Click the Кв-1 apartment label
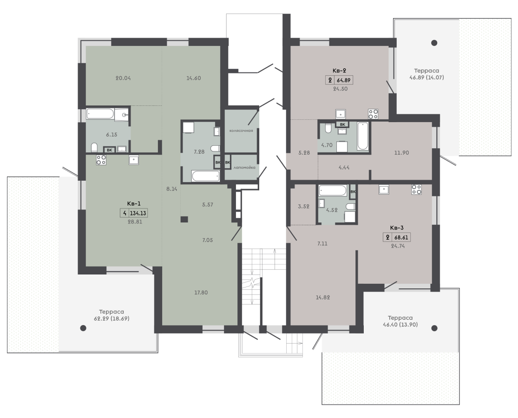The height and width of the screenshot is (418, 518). click(x=134, y=204)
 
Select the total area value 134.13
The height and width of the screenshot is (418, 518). click(x=138, y=213)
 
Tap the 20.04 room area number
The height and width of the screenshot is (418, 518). click(x=123, y=78)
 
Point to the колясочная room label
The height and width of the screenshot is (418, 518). click(x=241, y=131)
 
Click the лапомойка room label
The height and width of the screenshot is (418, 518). click(x=244, y=168)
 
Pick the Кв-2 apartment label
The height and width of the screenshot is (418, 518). click(x=339, y=71)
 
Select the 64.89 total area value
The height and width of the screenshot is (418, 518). click(x=344, y=80)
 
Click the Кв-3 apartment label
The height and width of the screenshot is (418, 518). click(x=397, y=228)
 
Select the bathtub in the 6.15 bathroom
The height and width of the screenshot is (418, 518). click(x=100, y=114)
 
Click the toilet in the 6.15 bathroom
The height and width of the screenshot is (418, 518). click(x=94, y=147)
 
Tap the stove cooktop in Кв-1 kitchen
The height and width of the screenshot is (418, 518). click(x=101, y=160)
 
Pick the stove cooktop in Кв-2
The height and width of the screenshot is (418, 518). click(x=374, y=114)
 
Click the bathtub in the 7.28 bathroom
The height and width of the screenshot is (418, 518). click(x=206, y=176)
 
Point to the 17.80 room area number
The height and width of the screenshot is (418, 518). click(x=201, y=293)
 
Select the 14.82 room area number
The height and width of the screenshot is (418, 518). click(x=323, y=298)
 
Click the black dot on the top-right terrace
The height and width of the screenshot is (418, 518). click(x=434, y=43)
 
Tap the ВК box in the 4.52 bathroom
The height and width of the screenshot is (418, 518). click(x=353, y=192)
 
